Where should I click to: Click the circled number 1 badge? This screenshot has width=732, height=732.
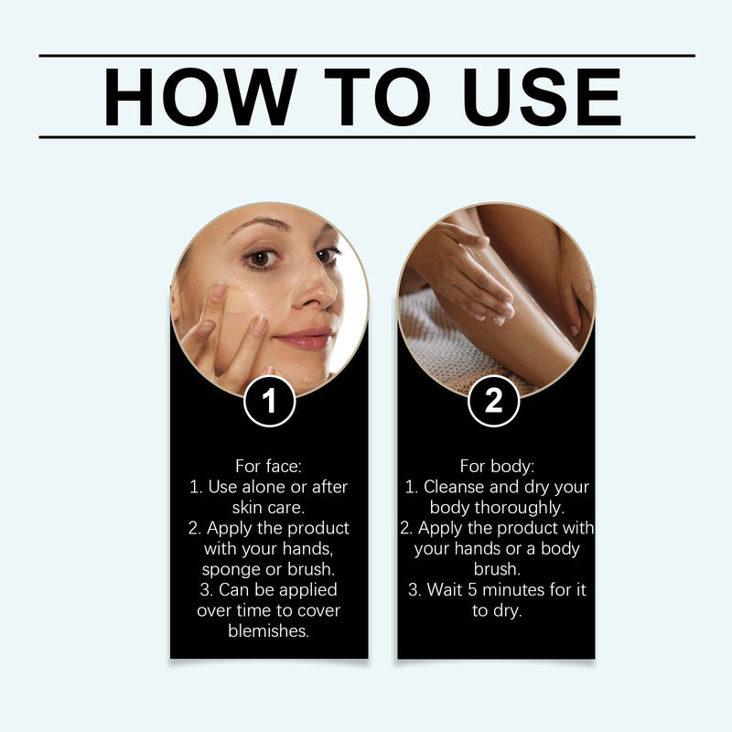(x=269, y=401)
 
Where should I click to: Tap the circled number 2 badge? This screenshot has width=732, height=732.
(x=494, y=401)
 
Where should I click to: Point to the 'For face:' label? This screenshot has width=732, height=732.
(x=269, y=465)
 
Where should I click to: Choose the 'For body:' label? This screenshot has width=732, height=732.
(x=495, y=465)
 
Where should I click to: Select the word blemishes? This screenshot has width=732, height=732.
(x=269, y=631)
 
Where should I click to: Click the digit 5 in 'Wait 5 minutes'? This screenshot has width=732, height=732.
(x=476, y=590)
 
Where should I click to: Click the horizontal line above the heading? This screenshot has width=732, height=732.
(x=366, y=56)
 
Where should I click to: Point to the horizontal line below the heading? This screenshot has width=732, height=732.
(x=366, y=137)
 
